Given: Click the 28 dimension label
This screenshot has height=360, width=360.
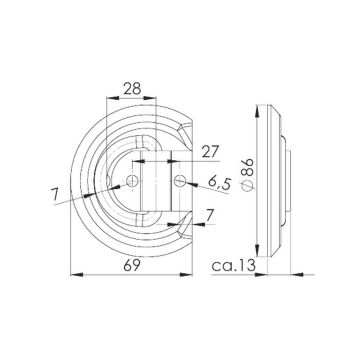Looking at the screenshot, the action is [132, 89].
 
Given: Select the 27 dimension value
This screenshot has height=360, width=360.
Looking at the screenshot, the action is [210, 152].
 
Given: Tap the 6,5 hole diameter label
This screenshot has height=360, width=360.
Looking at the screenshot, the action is [220, 183].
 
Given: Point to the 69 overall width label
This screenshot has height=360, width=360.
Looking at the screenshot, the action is [132, 266].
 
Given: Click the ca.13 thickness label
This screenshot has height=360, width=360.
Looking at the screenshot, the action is [234, 266].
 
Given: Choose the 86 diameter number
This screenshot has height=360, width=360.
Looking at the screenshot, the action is [248, 167].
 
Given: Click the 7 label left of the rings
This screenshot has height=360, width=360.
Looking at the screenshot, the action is [55, 194].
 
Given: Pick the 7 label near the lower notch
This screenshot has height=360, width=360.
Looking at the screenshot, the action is [209, 217].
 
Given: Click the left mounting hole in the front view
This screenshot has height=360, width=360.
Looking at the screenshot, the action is [133, 181].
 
